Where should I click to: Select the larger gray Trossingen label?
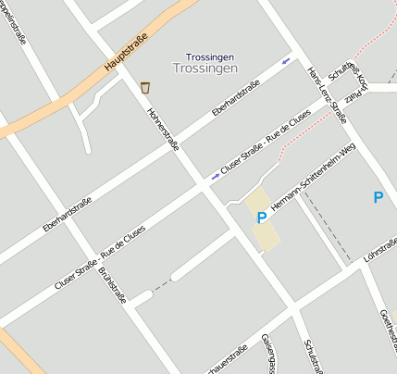(x=205, y=69)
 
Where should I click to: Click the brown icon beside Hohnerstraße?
(x=145, y=87)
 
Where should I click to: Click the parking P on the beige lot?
(x=262, y=218)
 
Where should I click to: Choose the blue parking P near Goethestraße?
(x=378, y=197)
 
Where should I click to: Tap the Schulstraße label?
(x=312, y=356)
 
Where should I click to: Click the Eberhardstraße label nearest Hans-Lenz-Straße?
(x=235, y=98)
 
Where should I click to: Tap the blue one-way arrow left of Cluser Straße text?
(x=215, y=175)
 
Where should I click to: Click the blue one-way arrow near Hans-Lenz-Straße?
(x=285, y=61)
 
